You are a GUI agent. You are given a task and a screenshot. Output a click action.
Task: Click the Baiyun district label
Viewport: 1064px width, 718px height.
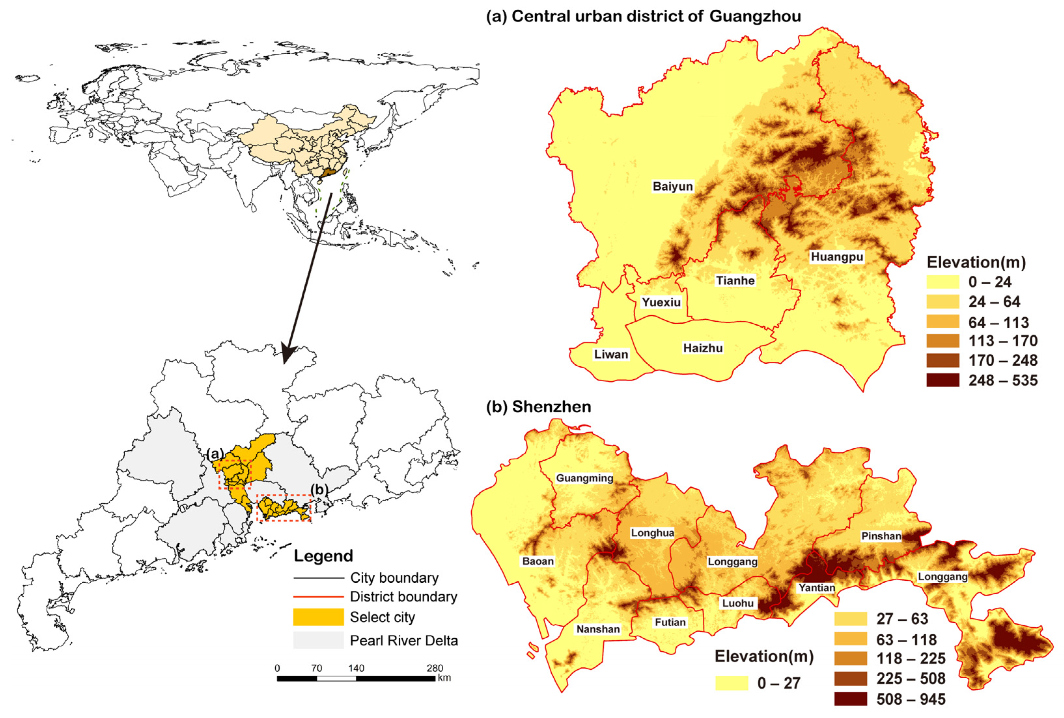click(x=672, y=186)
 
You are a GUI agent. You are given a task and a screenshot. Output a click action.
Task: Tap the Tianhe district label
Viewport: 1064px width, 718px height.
click(x=735, y=280)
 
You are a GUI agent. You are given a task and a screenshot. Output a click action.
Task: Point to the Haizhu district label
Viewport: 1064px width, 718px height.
click(x=703, y=348)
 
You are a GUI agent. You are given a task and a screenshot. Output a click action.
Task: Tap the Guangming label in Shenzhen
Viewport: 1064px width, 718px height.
click(x=585, y=478)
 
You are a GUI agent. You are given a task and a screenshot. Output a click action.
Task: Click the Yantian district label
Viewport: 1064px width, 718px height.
click(x=817, y=588)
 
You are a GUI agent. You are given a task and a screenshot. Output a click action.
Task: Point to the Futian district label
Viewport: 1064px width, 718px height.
click(x=670, y=622)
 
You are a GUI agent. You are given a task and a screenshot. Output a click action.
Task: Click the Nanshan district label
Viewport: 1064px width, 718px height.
click(x=598, y=629)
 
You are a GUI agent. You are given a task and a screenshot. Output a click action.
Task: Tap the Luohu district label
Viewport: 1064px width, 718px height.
click(x=738, y=603)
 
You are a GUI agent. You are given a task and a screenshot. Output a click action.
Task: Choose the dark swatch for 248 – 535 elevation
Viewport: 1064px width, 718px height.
click(x=943, y=380)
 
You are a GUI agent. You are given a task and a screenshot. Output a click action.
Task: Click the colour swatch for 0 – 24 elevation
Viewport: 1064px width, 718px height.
click(x=943, y=282)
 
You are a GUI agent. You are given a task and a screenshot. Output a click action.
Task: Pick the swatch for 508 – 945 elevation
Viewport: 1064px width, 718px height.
click(x=850, y=699)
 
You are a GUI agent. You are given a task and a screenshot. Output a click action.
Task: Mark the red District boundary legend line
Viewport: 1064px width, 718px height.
click(x=318, y=597)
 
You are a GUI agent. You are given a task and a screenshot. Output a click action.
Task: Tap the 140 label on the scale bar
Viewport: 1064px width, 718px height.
click(x=356, y=668)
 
